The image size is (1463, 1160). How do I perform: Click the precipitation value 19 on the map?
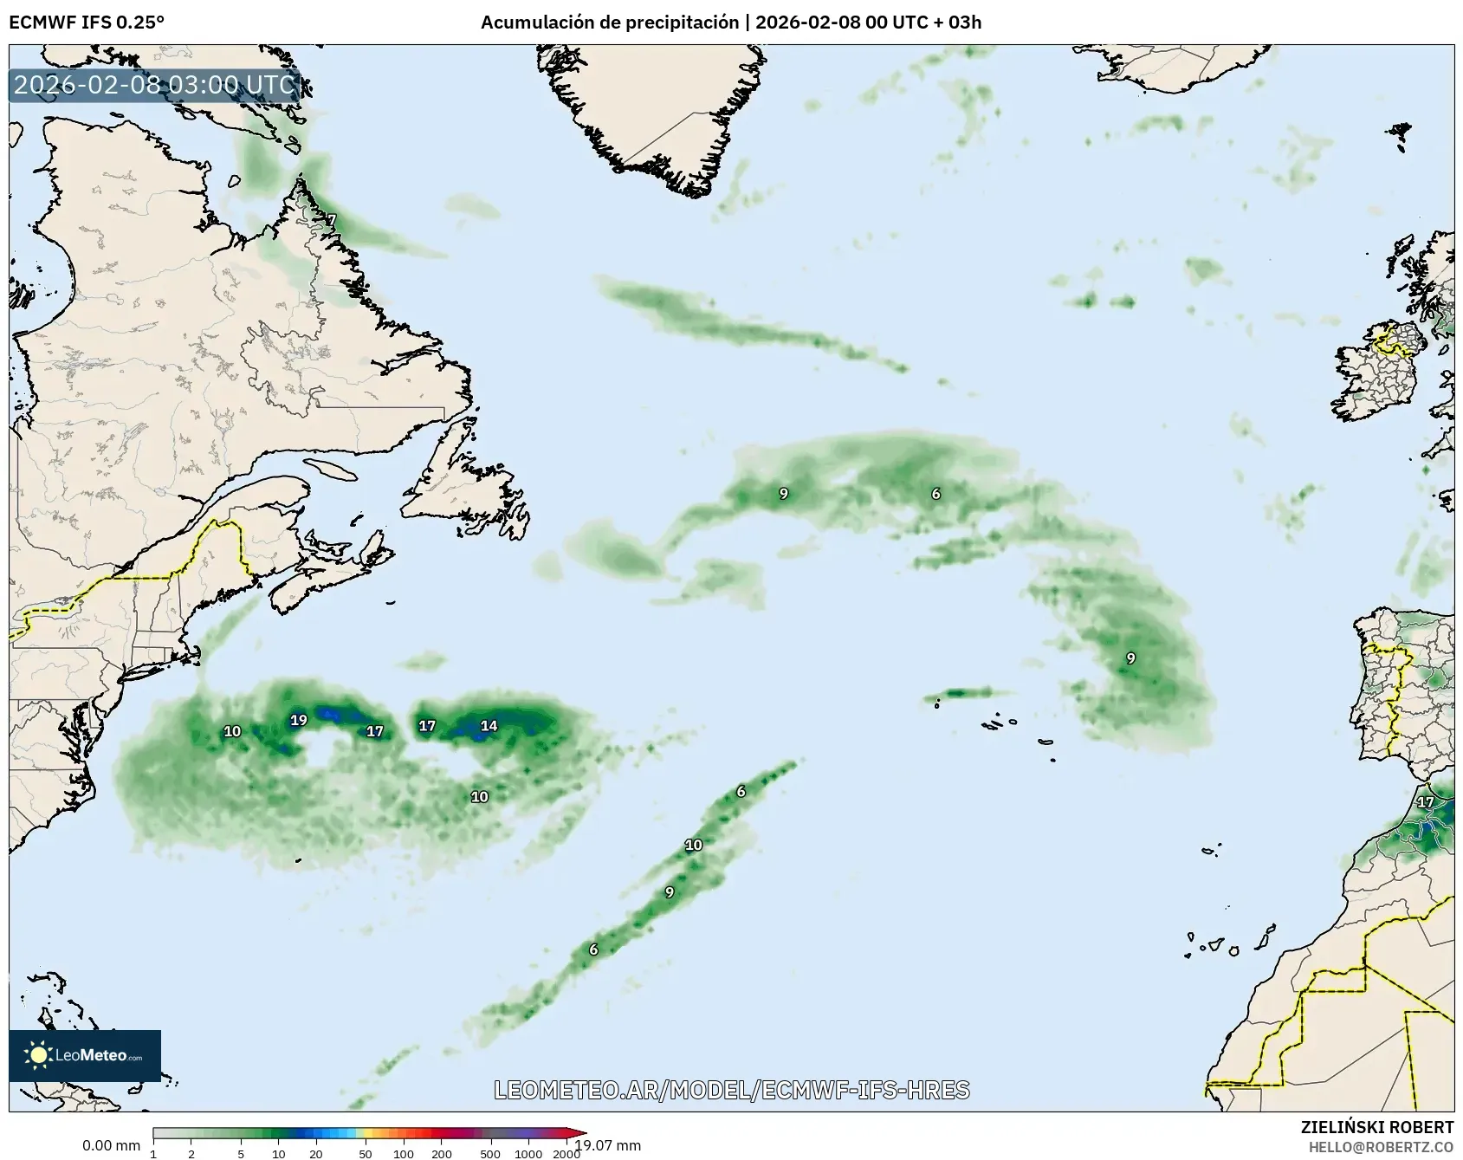[x=299, y=720]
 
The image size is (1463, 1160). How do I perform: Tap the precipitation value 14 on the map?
[x=489, y=726]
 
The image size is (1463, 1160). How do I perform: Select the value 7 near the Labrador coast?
[x=331, y=220]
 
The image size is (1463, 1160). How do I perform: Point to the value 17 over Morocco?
[x=1425, y=802]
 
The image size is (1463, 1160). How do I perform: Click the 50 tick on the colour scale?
[x=366, y=1153]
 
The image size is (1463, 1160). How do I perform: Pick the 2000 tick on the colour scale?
[x=566, y=1153]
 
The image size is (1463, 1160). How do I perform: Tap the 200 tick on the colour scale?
[x=442, y=1153]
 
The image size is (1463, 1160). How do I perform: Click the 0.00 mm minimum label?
[x=111, y=1145]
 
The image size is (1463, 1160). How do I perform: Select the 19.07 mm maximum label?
[x=609, y=1145]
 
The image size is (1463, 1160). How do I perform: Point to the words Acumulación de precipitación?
[x=609, y=22]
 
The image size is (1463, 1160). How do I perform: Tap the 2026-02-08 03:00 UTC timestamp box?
[x=155, y=85]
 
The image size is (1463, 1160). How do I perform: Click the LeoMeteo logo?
[x=85, y=1055]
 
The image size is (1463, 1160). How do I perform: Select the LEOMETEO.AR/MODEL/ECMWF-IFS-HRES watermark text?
[x=732, y=1090]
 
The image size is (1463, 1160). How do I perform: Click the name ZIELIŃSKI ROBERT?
[x=1377, y=1127]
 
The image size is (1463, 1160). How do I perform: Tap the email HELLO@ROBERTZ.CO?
[x=1381, y=1146]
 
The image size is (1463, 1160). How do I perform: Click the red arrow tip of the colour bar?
[x=581, y=1132]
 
